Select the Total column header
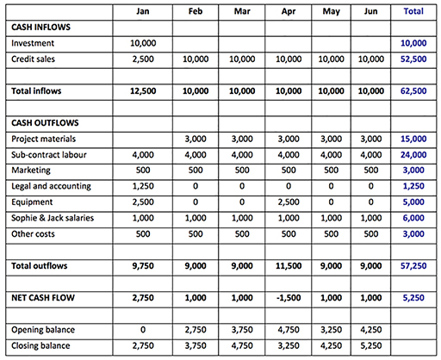[x=413, y=12]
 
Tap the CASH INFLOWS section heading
[x=41, y=28]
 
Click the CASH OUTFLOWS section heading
[x=45, y=121]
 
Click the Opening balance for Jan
[x=143, y=330]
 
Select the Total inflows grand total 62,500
[x=413, y=90]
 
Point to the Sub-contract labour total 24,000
[x=413, y=154]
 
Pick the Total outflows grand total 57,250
[x=413, y=267]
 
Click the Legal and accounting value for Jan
[x=143, y=185]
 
